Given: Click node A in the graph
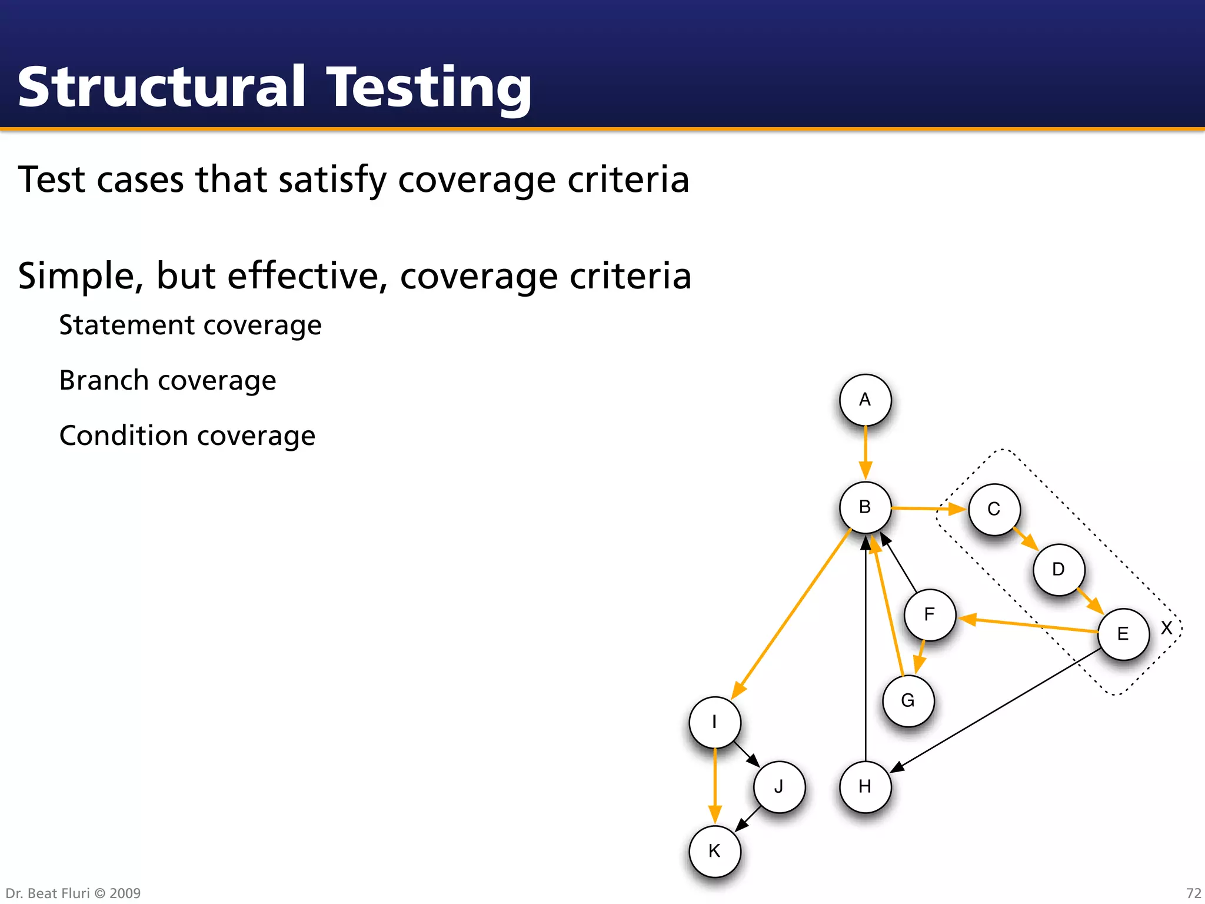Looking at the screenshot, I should pyautogui.click(x=865, y=400).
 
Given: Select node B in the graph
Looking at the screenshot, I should pyautogui.click(x=865, y=507).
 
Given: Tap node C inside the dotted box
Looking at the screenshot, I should pyautogui.click(x=994, y=509).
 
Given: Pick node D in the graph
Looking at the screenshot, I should pyautogui.click(x=1058, y=569).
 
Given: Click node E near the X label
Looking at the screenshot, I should pyautogui.click(x=1123, y=634).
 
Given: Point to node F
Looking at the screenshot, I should pyautogui.click(x=930, y=614).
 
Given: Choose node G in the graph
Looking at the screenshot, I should pyautogui.click(x=908, y=700).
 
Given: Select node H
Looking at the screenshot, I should pyautogui.click(x=865, y=786).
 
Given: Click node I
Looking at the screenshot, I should pyautogui.click(x=714, y=722).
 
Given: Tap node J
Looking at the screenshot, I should pyautogui.click(x=779, y=786).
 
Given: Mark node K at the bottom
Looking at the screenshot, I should pyautogui.click(x=714, y=851).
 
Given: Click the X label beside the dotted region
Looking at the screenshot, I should pyautogui.click(x=1166, y=628).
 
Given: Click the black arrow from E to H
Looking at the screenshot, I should pyautogui.click(x=994, y=711).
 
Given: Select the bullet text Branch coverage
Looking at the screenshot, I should pyautogui.click(x=168, y=380).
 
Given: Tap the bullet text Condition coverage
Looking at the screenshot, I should pyautogui.click(x=187, y=436).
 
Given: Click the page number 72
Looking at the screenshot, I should pyautogui.click(x=1193, y=893).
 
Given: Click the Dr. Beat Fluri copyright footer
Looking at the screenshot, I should pyautogui.click(x=73, y=893).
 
